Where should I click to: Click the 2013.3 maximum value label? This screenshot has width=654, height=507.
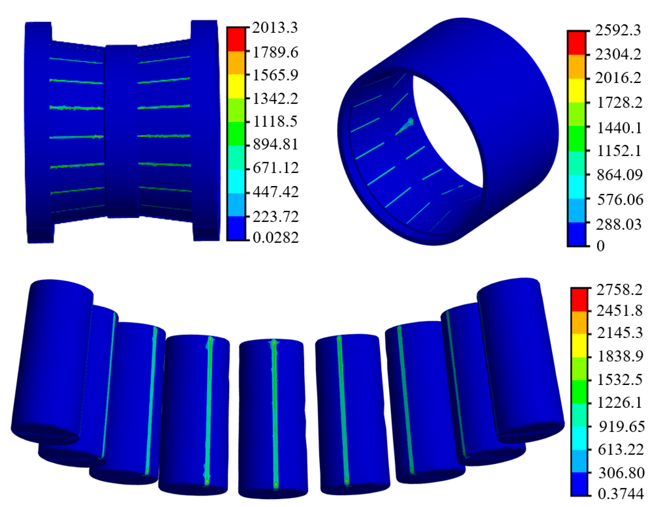point(274,28)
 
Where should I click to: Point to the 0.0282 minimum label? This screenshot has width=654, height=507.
point(275,237)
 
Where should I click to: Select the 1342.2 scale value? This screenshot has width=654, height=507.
point(275,99)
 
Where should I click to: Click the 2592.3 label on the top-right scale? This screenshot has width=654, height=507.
point(618,30)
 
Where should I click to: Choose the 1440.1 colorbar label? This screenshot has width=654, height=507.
point(619,128)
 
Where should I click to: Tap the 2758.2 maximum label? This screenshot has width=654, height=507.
point(619,289)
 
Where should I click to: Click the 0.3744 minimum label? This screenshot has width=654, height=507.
point(621,494)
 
